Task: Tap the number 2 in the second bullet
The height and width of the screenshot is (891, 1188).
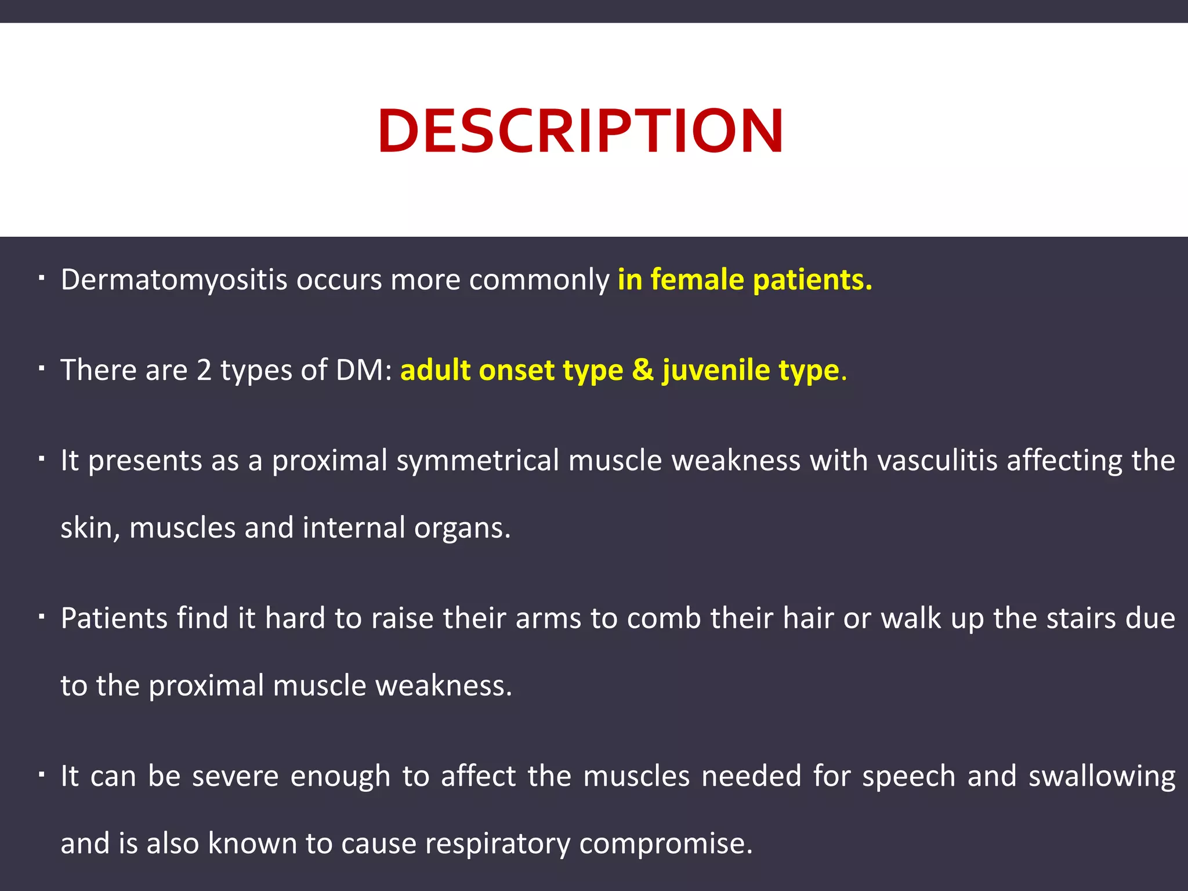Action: click(x=204, y=370)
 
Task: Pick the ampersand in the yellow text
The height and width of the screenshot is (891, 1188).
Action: click(x=643, y=370)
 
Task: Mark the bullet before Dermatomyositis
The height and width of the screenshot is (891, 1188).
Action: click(x=41, y=278)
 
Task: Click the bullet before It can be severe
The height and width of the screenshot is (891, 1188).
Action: click(x=41, y=775)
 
